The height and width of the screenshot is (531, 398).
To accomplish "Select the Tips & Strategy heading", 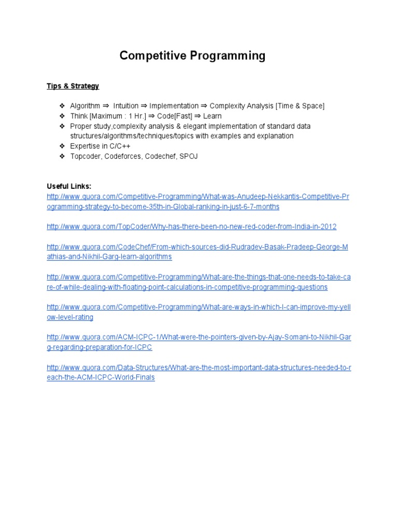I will tap(73, 86).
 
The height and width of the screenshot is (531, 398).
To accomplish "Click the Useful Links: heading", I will tap(69, 186).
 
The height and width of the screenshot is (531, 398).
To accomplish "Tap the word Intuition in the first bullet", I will tap(126, 106).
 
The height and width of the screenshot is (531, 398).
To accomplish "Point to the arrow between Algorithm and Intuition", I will tap(106, 106).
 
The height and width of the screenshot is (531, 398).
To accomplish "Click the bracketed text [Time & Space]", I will tap(300, 106).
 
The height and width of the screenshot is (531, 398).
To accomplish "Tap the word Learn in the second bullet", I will tap(212, 116).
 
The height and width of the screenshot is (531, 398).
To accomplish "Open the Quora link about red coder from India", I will tap(192, 227).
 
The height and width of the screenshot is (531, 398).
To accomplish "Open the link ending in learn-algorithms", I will tap(109, 257).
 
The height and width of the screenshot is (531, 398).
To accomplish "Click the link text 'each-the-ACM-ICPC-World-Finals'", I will tap(101, 378).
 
